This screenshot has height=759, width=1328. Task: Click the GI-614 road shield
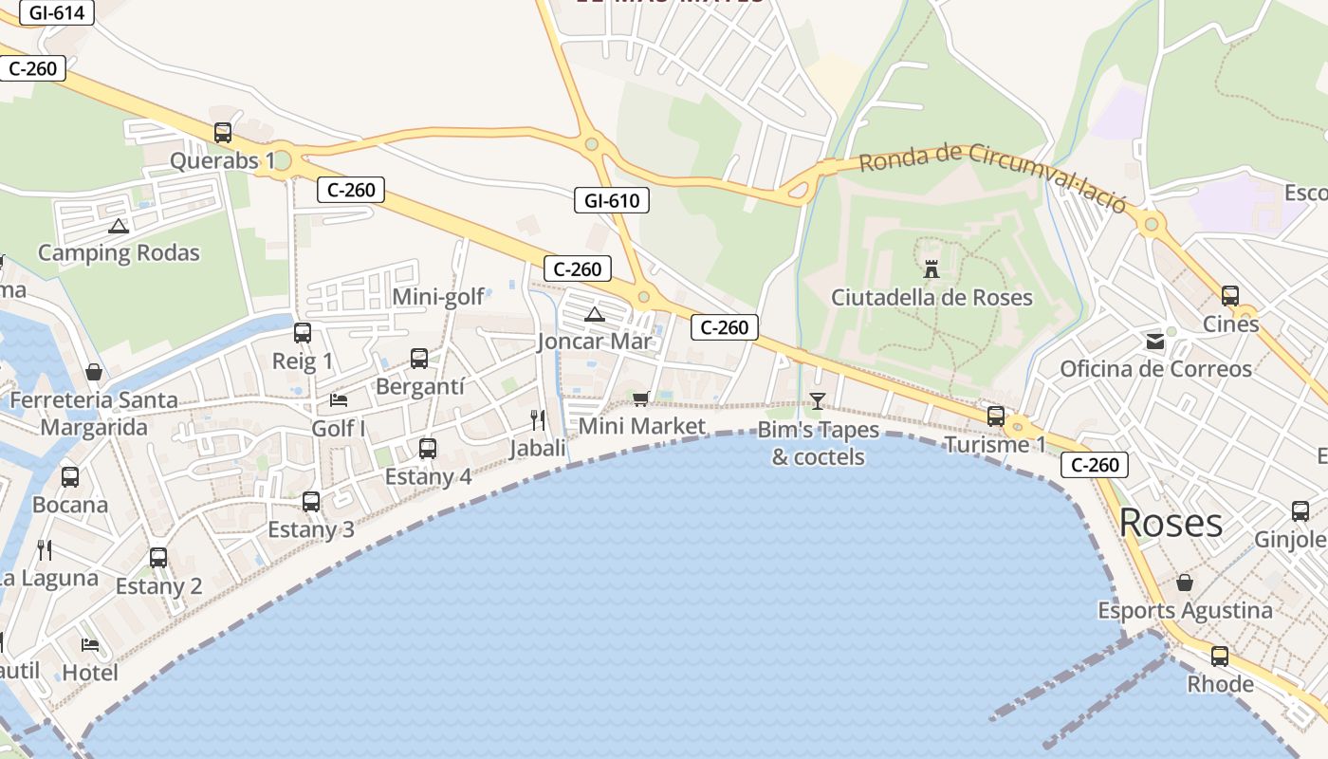tap(57, 13)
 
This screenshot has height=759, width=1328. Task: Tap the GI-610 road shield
tap(612, 200)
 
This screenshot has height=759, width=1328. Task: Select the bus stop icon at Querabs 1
tap(223, 133)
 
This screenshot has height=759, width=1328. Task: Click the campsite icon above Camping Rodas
tap(118, 227)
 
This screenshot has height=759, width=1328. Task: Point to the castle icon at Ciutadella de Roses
tap(931, 269)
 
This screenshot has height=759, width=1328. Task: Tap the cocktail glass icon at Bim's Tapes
tap(818, 400)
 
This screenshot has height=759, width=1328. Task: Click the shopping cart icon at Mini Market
tap(640, 398)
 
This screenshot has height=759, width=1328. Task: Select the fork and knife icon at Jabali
tap(538, 419)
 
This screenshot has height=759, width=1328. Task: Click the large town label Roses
tap(1171, 523)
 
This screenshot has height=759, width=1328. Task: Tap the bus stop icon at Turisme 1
tap(996, 416)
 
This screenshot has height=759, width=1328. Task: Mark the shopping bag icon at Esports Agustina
tap(1185, 582)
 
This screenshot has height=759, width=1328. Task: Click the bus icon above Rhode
tap(1220, 656)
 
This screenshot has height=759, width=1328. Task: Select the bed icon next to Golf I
tap(339, 399)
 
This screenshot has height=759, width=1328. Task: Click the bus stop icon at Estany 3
tap(311, 502)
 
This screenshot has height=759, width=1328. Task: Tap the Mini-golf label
tap(438, 298)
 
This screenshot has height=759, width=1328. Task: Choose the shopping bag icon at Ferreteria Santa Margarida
tap(93, 371)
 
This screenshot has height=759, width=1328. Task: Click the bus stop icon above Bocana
tap(70, 476)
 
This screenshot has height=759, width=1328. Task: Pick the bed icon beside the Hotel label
tap(90, 645)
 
